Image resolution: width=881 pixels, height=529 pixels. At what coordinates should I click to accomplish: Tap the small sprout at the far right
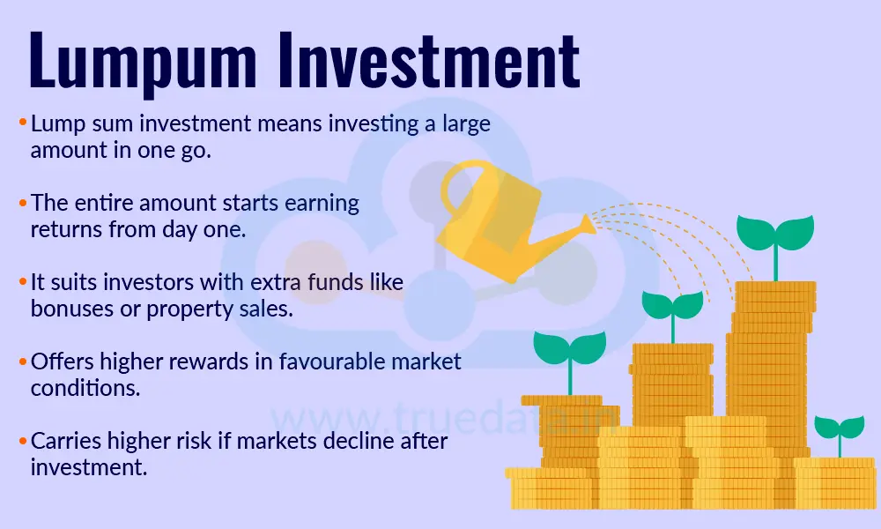click(838, 429)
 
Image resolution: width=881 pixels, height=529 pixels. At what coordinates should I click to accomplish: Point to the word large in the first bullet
click(465, 124)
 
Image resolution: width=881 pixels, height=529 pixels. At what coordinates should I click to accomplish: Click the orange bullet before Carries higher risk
click(21, 442)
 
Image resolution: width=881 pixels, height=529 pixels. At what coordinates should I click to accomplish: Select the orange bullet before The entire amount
click(21, 204)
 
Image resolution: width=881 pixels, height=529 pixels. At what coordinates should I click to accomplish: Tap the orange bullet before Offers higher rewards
click(21, 362)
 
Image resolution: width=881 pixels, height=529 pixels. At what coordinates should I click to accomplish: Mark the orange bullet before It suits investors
click(21, 283)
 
